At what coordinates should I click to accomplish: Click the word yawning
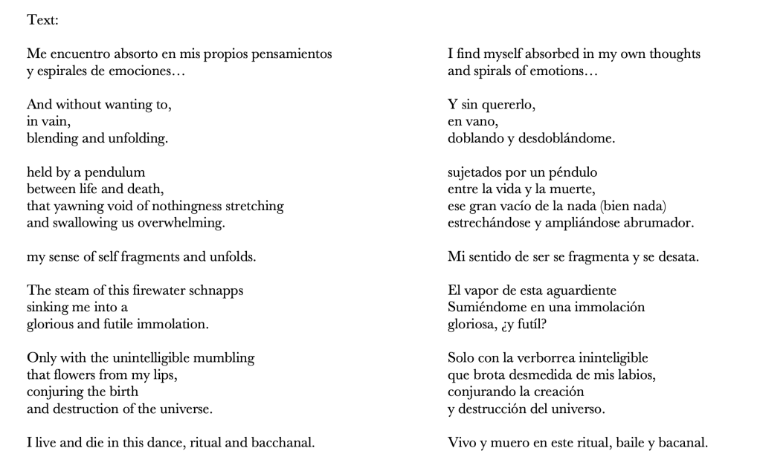tap(75, 206)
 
